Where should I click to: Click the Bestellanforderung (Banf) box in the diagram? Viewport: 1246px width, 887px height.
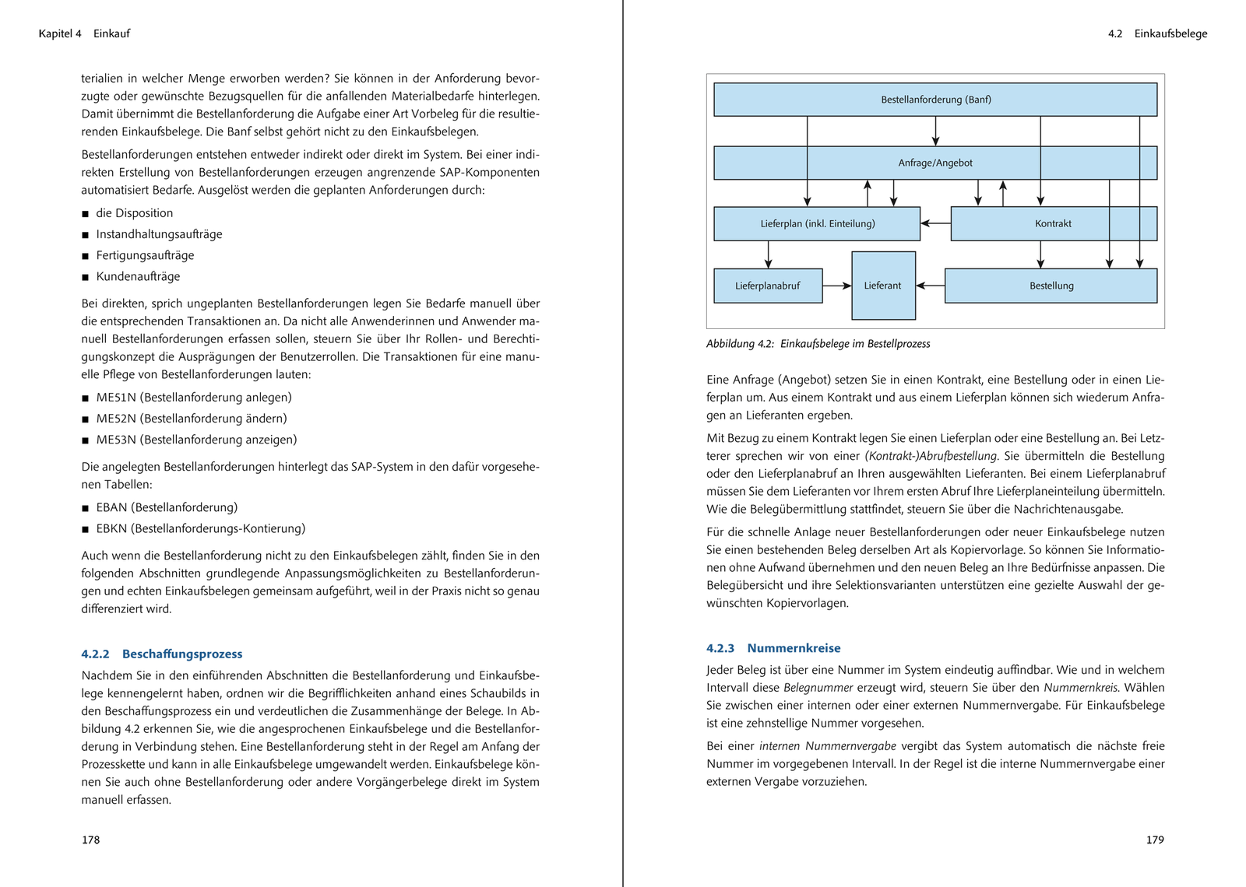935,100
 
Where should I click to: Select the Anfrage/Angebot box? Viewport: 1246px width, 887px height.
935,163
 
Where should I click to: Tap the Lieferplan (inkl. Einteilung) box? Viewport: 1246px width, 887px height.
817,223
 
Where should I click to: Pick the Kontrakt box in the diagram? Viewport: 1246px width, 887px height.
1053,223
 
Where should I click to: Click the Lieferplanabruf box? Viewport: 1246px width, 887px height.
767,286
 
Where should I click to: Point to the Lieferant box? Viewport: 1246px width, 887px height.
883,286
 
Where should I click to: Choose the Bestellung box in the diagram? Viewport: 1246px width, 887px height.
1051,286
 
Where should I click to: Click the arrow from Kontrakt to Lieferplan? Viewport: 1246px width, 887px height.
935,223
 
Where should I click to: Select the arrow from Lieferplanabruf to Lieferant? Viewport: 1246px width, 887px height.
837,286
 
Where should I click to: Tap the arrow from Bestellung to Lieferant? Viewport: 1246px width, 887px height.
930,286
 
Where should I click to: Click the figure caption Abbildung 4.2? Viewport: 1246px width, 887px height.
818,344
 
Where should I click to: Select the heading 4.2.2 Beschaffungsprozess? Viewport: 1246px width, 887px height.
162,654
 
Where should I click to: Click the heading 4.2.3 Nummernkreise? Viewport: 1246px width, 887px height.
773,648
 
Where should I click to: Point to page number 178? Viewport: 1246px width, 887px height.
90,840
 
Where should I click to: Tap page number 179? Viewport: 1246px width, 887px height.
1155,840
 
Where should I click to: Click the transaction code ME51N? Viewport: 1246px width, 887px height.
116,398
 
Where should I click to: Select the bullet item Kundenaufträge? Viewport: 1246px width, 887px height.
138,276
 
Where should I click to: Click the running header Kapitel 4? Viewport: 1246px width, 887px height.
60,33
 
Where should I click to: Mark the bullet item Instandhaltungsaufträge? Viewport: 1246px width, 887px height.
159,234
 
